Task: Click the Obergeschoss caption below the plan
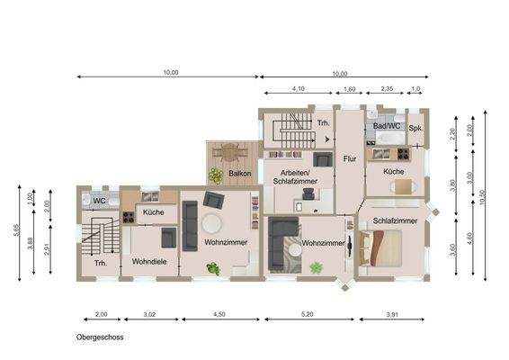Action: point(99,338)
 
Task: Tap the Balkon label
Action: point(239,172)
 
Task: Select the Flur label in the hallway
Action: point(351,159)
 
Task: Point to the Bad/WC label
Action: point(387,127)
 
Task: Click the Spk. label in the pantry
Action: point(415,129)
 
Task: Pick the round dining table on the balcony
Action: point(230,152)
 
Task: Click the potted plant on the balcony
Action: point(216,175)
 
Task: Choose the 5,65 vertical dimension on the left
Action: point(16,231)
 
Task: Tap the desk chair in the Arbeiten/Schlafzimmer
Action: point(308,193)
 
